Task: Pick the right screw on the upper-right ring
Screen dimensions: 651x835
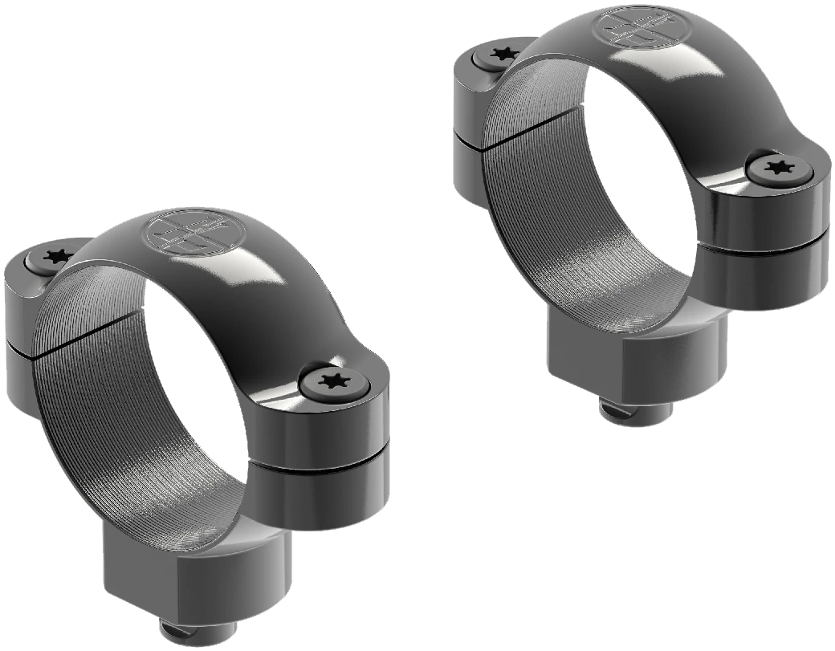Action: point(776,168)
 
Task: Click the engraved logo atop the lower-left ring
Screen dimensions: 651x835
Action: point(186,231)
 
